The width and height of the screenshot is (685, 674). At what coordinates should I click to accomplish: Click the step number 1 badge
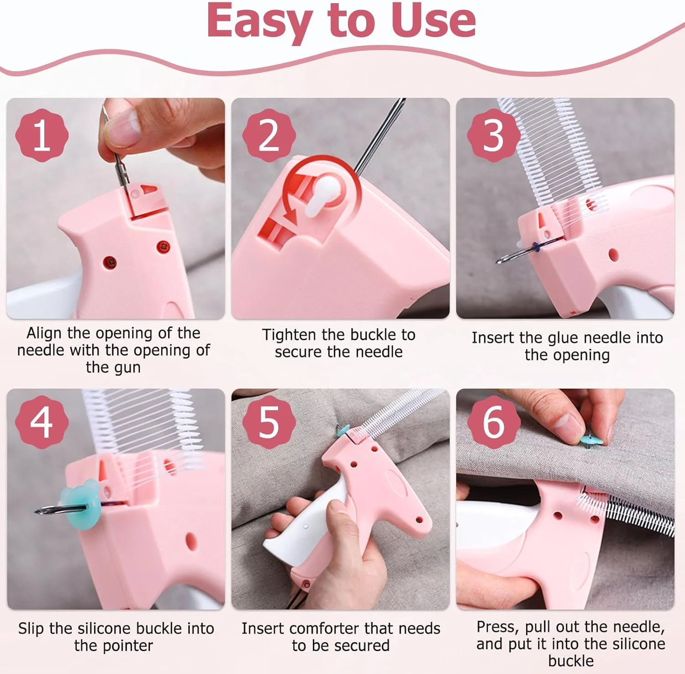42,135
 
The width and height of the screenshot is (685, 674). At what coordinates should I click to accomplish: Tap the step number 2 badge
269,135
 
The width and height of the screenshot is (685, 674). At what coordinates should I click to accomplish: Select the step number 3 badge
494,135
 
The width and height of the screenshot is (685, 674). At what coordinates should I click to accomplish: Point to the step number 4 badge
42,422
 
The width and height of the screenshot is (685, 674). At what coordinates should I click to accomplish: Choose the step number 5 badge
269,422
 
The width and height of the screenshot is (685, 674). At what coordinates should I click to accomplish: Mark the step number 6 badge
494,422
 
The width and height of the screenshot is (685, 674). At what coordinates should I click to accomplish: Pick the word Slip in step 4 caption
32,629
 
